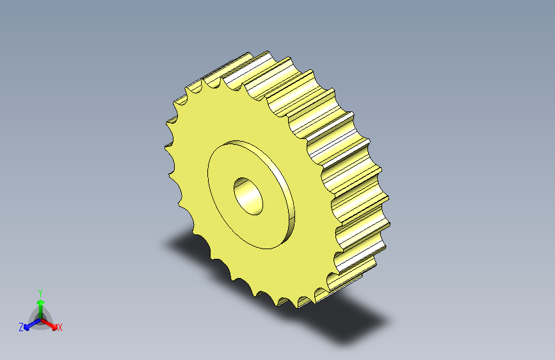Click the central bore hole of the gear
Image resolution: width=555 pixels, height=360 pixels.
coord(248,196)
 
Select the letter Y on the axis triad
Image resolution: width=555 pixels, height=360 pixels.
coord(40,293)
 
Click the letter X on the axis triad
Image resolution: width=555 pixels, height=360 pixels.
coord(60,328)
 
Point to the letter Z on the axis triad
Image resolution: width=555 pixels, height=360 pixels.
coord(21,327)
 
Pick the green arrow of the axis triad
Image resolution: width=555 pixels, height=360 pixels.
coord(41,309)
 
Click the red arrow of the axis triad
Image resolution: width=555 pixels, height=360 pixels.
coord(49,323)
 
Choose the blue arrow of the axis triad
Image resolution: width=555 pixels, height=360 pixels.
coord(33,324)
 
